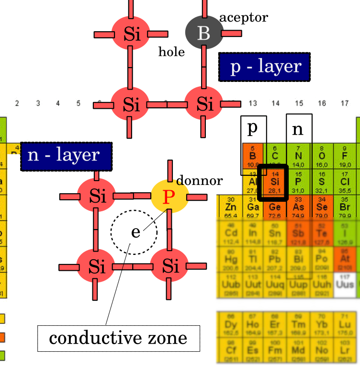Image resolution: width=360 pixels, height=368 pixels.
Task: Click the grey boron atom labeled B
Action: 203,33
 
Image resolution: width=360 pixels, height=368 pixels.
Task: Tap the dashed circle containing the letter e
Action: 134,232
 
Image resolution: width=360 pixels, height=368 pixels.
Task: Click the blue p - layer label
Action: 264,67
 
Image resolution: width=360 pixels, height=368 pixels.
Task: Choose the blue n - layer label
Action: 66,156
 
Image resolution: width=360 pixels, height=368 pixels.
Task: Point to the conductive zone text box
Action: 119,338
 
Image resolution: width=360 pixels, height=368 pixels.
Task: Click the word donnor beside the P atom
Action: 199,181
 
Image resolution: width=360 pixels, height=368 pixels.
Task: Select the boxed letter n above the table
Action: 298,128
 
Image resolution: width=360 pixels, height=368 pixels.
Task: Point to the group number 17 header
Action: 345,103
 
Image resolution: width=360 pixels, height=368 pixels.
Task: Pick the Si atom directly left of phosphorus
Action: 97,196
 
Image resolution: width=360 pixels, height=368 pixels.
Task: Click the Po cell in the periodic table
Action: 321,259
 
